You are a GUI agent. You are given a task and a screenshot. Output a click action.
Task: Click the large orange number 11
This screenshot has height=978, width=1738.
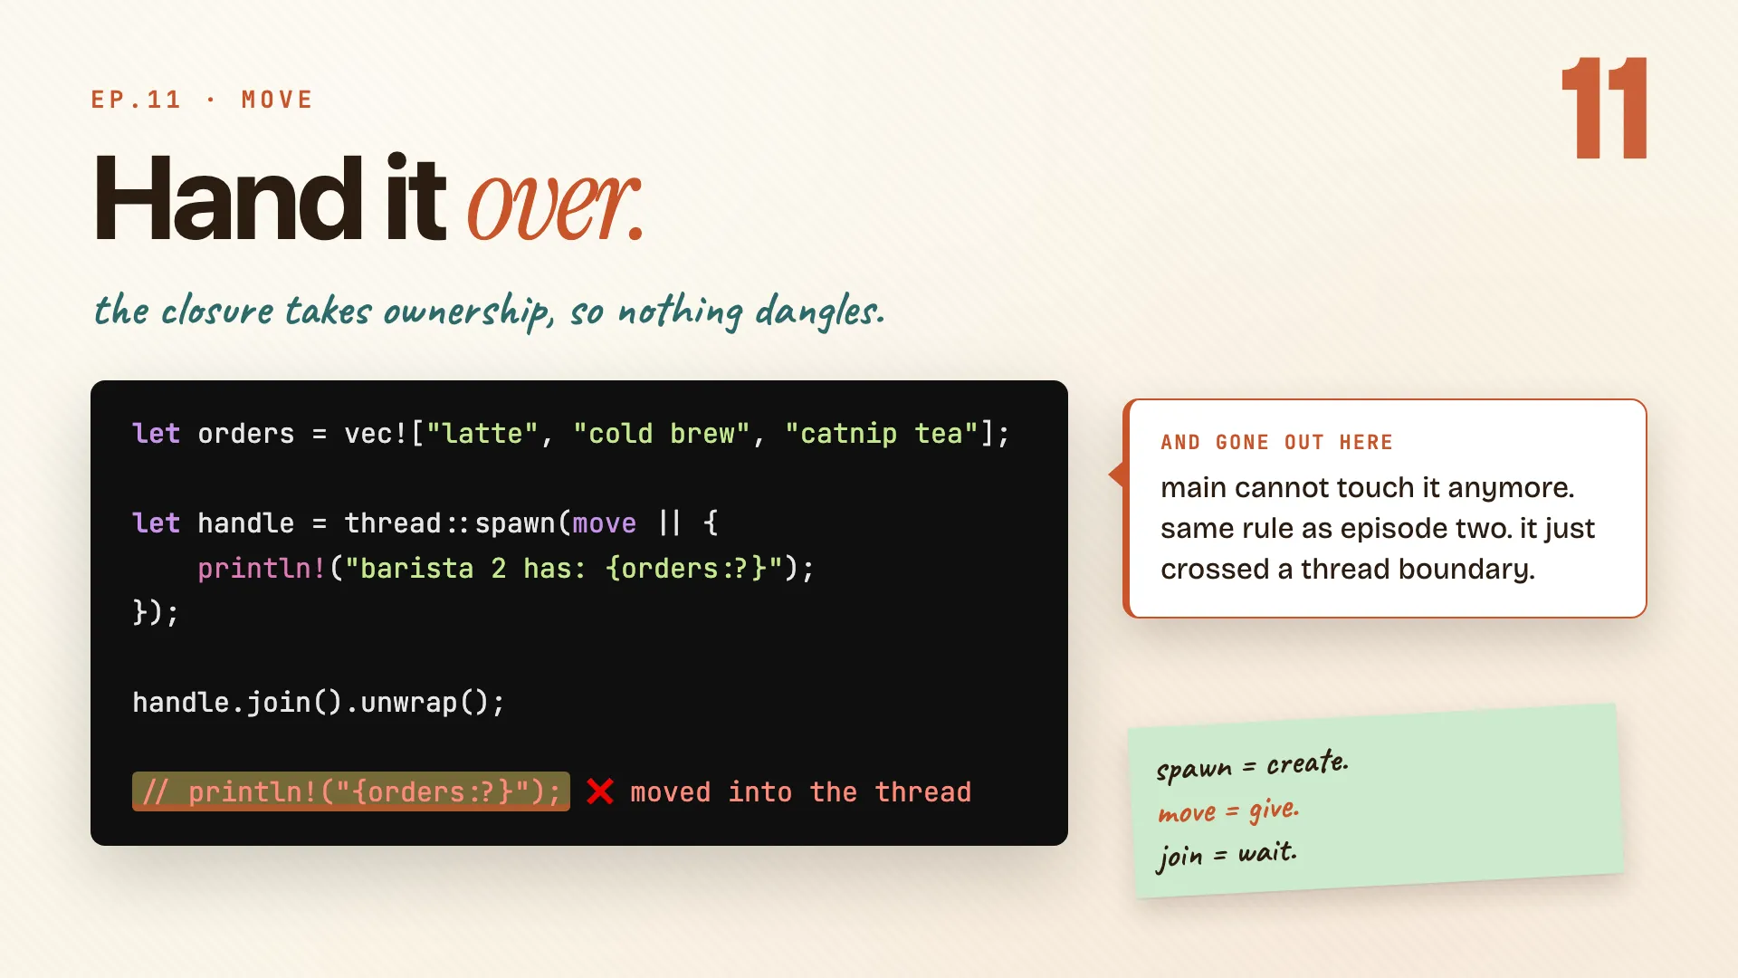click(x=1604, y=108)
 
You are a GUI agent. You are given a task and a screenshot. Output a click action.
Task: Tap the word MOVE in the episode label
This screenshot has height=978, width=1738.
click(x=277, y=100)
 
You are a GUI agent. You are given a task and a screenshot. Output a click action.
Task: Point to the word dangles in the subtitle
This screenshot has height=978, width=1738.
click(x=819, y=312)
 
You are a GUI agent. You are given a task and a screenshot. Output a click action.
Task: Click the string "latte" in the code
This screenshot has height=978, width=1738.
click(x=482, y=434)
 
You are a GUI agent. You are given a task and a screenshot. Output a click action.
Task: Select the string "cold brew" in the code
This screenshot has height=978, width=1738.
click(x=661, y=434)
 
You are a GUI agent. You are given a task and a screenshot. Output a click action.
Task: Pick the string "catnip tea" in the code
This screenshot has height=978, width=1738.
click(x=883, y=434)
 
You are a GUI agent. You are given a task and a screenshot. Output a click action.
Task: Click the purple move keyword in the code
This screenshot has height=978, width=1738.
click(x=605, y=523)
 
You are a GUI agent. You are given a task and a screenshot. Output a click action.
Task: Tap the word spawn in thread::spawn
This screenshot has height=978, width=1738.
click(x=515, y=523)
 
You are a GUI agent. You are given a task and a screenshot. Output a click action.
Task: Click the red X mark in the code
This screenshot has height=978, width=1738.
click(x=600, y=791)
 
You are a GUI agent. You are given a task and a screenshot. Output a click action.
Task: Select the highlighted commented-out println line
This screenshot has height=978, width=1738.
click(x=351, y=791)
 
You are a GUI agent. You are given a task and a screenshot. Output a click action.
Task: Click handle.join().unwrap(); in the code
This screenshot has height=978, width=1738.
click(x=319, y=703)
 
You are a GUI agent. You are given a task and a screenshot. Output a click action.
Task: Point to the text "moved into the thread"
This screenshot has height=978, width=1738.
click(x=801, y=792)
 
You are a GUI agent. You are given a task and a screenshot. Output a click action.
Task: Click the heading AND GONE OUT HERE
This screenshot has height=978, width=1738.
click(x=1277, y=442)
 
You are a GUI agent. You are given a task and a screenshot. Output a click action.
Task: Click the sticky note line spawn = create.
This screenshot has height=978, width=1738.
click(x=1252, y=765)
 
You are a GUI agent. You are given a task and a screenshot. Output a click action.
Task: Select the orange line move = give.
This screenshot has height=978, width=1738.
click(x=1228, y=810)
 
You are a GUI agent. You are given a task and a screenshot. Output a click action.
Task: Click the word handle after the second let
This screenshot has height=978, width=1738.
click(x=246, y=523)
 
